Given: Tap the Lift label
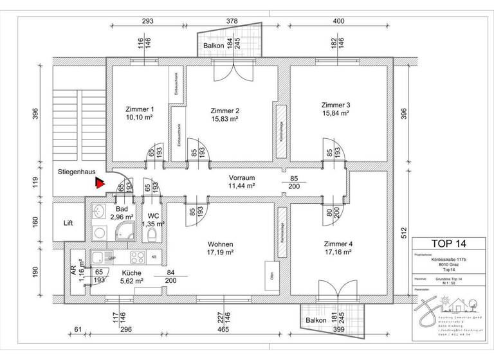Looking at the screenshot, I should [x=69, y=224].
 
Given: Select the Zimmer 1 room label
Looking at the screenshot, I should [x=140, y=109].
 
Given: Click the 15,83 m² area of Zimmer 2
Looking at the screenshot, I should [x=224, y=119].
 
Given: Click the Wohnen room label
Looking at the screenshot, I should [x=220, y=244].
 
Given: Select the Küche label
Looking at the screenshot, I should [x=131, y=272].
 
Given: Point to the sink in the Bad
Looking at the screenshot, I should [x=99, y=211].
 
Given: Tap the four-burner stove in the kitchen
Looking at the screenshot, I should [x=138, y=257].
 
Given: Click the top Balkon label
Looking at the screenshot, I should [x=214, y=47].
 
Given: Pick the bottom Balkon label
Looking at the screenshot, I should [x=316, y=319].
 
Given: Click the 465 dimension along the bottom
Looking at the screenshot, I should [x=223, y=330].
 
